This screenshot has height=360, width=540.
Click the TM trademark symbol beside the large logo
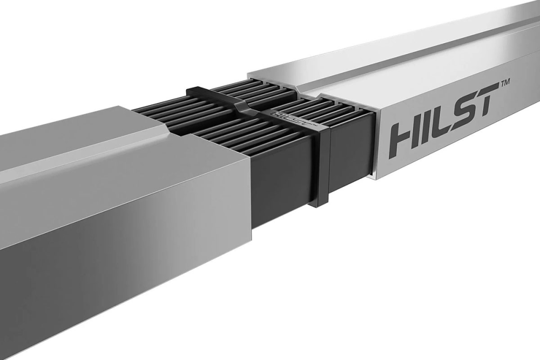tap(505, 83)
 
